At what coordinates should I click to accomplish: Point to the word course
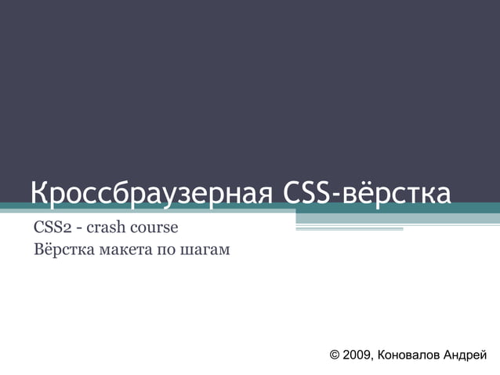[155, 228]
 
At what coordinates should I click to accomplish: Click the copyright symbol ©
[335, 355]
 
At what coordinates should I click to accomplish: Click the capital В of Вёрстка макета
[39, 251]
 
